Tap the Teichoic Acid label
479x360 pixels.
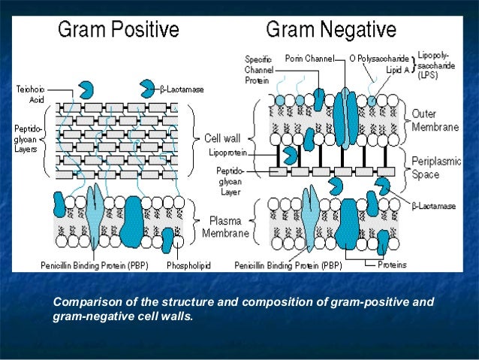(x=30, y=93)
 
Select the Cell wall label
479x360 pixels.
(x=222, y=138)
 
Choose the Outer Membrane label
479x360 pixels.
(x=434, y=120)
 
